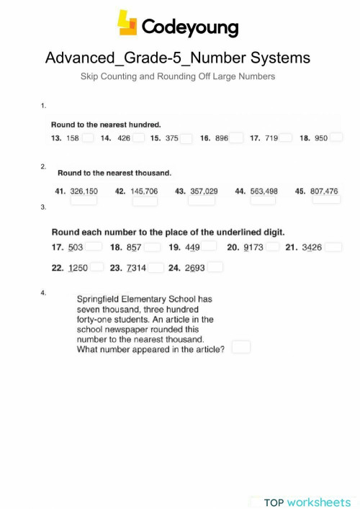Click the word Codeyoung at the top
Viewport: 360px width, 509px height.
(x=189, y=27)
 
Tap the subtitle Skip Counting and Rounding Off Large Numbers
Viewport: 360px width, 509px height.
(x=178, y=76)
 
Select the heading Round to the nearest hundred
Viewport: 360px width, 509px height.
(x=105, y=124)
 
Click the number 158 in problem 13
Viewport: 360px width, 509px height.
(x=72, y=138)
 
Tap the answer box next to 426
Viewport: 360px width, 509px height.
(x=139, y=138)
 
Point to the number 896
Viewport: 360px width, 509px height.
(x=222, y=138)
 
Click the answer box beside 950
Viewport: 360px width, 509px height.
(x=336, y=138)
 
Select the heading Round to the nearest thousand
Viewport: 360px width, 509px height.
(x=114, y=173)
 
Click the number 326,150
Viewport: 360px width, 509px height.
(x=84, y=192)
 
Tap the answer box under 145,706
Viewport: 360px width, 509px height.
(x=145, y=202)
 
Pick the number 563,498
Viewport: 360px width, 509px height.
(x=264, y=192)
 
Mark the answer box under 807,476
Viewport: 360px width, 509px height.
(x=326, y=201)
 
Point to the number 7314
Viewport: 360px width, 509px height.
(x=137, y=267)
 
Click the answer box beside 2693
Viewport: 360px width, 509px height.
(x=215, y=267)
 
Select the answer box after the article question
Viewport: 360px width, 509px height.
(x=241, y=347)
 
